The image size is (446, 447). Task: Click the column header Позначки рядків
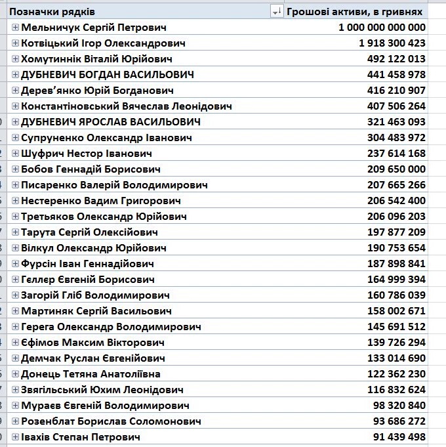pyautogui.click(x=52, y=12)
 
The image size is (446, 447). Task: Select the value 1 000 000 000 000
pyautogui.click(x=382, y=28)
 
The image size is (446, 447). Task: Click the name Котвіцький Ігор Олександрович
pyautogui.click(x=103, y=43)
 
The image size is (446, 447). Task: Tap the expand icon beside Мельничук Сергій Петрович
pyautogui.click(x=16, y=28)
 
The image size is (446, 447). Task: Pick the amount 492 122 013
pyautogui.click(x=396, y=59)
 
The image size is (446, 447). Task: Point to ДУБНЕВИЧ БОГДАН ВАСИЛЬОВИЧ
pyautogui.click(x=108, y=75)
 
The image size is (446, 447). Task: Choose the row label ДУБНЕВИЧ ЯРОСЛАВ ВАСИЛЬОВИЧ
pyautogui.click(x=111, y=122)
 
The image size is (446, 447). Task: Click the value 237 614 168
pyautogui.click(x=396, y=154)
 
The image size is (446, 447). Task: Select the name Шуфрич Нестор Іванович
pyautogui.click(x=87, y=154)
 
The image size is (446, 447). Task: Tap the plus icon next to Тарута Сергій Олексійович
pyautogui.click(x=16, y=232)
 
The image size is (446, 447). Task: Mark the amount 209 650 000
pyautogui.click(x=396, y=169)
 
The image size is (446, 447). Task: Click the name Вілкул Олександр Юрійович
pyautogui.click(x=94, y=248)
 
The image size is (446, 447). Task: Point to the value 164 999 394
pyautogui.click(x=396, y=280)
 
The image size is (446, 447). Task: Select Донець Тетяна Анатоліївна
pyautogui.click(x=91, y=374)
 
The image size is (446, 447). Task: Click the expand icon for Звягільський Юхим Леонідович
pyautogui.click(x=16, y=390)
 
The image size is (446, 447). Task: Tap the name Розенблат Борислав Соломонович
pyautogui.click(x=111, y=421)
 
